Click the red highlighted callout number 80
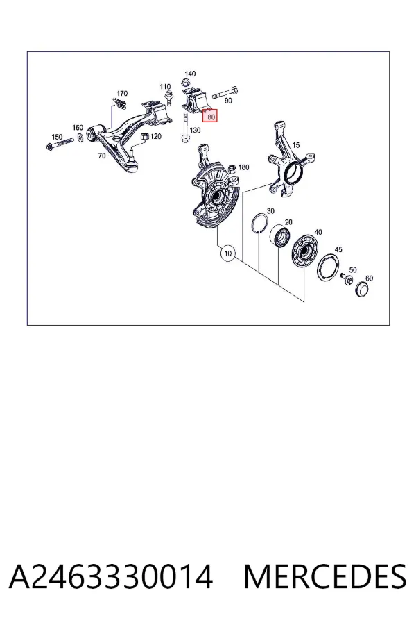coord(210,116)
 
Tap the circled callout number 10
coord(227,253)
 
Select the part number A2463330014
coord(111,576)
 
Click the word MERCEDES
coord(325,576)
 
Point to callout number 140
coord(190,74)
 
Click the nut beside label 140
coord(184,83)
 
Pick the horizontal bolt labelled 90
coord(225,93)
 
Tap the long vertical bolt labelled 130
coord(185,128)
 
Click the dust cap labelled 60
coord(362,290)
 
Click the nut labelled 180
coord(232,171)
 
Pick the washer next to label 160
coord(80,137)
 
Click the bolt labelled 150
coord(60,144)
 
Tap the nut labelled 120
coord(145,137)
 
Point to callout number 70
coord(102,156)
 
